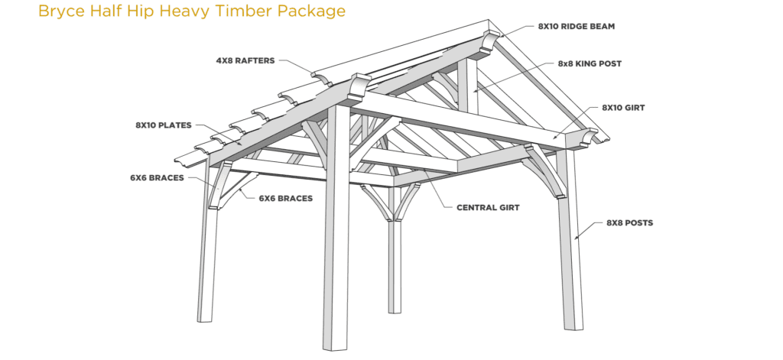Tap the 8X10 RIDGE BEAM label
click(x=577, y=27)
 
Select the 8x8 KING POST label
click(x=590, y=64)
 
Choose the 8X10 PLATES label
click(x=164, y=125)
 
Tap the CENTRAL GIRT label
click(x=488, y=207)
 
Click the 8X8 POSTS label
click(x=630, y=222)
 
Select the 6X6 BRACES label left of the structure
click(x=158, y=178)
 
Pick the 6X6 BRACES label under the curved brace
click(x=286, y=198)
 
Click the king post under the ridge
click(x=467, y=85)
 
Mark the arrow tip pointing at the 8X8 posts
click(x=576, y=240)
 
